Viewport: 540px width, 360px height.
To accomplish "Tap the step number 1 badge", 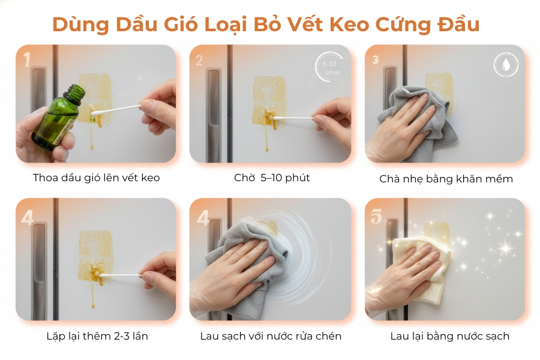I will [26, 59].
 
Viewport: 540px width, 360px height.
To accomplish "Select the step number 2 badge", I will [199, 59].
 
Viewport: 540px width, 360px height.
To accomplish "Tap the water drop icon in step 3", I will [505, 64].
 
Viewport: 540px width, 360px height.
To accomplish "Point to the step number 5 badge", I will [376, 217].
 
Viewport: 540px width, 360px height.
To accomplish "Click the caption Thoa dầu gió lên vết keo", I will [96, 178].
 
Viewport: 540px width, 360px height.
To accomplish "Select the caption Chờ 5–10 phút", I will [272, 178].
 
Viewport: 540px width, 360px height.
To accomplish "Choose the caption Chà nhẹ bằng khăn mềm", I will [446, 179].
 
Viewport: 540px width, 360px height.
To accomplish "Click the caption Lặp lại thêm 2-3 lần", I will [97, 336].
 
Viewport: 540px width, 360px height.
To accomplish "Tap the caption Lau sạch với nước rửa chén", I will [271, 336].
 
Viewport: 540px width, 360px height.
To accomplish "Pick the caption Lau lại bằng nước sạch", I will [449, 336].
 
